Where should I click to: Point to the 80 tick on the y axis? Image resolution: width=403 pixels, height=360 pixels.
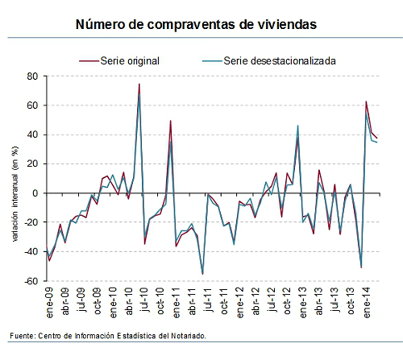[x=33, y=77]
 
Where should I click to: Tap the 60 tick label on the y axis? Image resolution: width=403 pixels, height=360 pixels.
[x=33, y=106]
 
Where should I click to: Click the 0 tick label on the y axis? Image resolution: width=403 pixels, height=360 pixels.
[x=35, y=193]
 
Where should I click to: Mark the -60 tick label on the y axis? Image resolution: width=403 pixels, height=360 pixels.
[x=31, y=281]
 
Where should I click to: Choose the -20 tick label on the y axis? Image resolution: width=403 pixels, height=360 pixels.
[x=31, y=223]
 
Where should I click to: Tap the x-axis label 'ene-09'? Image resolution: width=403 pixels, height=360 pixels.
[x=49, y=302]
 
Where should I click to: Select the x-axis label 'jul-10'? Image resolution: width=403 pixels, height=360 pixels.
[x=145, y=302]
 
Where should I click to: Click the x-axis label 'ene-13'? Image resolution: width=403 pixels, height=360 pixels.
[x=303, y=302]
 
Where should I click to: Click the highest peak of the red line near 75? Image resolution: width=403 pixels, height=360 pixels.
[x=139, y=84]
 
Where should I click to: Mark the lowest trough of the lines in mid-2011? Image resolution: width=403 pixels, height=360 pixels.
[x=202, y=274]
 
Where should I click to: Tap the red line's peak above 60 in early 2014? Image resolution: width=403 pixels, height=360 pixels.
[x=366, y=101]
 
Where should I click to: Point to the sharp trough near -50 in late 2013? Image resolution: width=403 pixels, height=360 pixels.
[x=360, y=267]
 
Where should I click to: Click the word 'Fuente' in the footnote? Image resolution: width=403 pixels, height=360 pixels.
[x=22, y=336]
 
